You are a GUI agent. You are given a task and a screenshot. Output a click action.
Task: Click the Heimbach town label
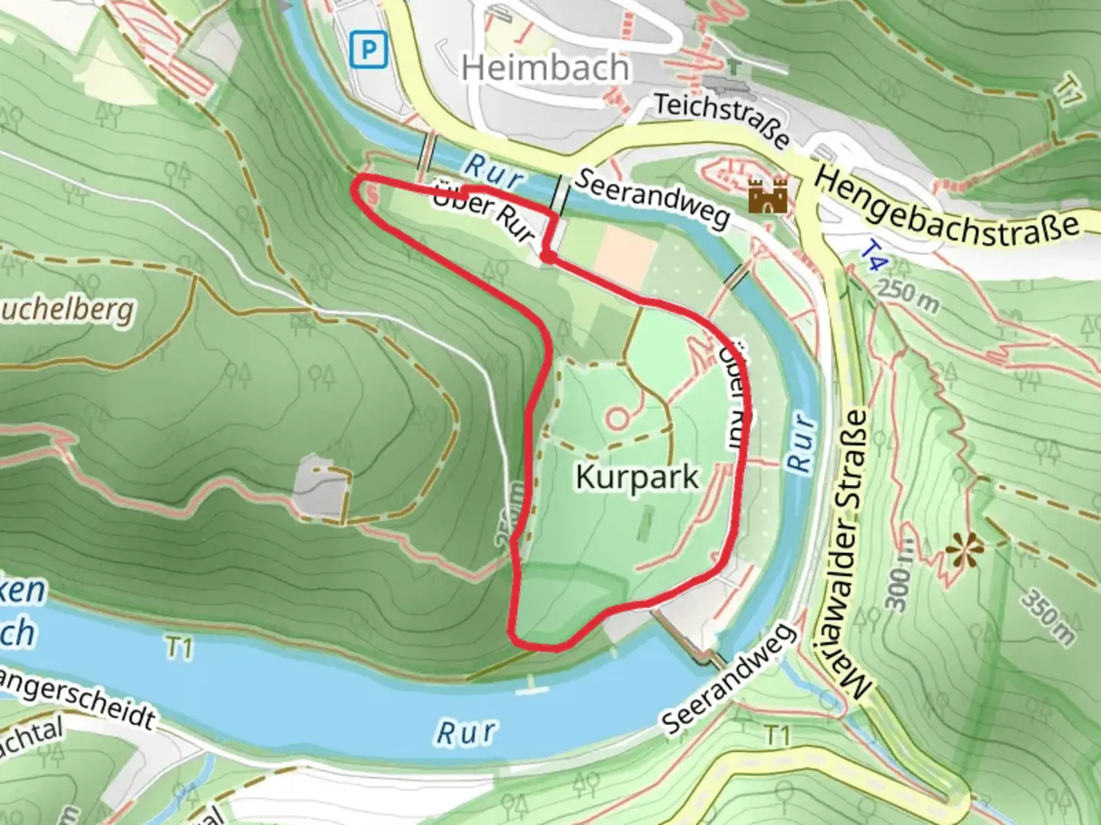(x=545, y=69)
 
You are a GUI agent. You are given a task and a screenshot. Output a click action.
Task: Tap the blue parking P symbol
(x=369, y=51)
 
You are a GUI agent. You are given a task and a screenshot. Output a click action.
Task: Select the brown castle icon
(x=768, y=196)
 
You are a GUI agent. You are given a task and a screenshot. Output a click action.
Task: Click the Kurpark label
(x=637, y=477)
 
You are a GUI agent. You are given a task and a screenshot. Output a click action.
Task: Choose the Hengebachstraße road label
(x=948, y=205)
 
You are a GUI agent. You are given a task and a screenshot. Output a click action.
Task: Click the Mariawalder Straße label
(x=854, y=554)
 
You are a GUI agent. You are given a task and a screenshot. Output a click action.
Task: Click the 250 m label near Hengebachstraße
(x=908, y=296)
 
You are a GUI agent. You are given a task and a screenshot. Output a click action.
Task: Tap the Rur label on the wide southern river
(x=466, y=732)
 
